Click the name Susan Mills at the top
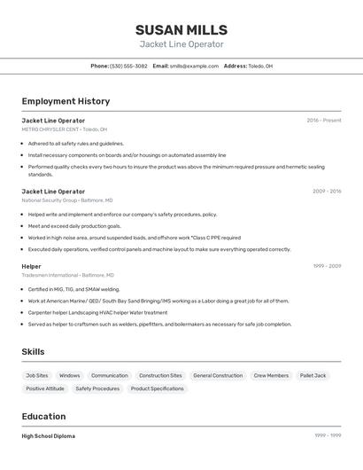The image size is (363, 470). (x=181, y=29)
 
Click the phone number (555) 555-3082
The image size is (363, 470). (x=129, y=66)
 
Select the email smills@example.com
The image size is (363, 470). (x=194, y=66)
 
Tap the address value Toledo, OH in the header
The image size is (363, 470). (x=260, y=66)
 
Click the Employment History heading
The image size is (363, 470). (x=66, y=101)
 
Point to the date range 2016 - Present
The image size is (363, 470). (x=323, y=121)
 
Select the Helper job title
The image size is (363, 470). (x=31, y=266)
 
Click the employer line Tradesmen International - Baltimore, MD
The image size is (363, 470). (x=67, y=275)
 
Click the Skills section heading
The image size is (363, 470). (x=33, y=352)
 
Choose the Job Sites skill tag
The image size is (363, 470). (x=37, y=375)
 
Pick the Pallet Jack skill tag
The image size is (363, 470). (x=313, y=375)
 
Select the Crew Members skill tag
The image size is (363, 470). (x=271, y=375)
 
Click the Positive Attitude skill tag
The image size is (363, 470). (x=45, y=388)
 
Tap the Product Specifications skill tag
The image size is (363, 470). (x=157, y=388)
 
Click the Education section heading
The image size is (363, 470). (x=43, y=416)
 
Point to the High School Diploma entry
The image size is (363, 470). (x=48, y=436)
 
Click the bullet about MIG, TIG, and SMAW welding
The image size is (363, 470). (x=73, y=289)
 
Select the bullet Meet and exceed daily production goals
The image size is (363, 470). (x=74, y=226)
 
